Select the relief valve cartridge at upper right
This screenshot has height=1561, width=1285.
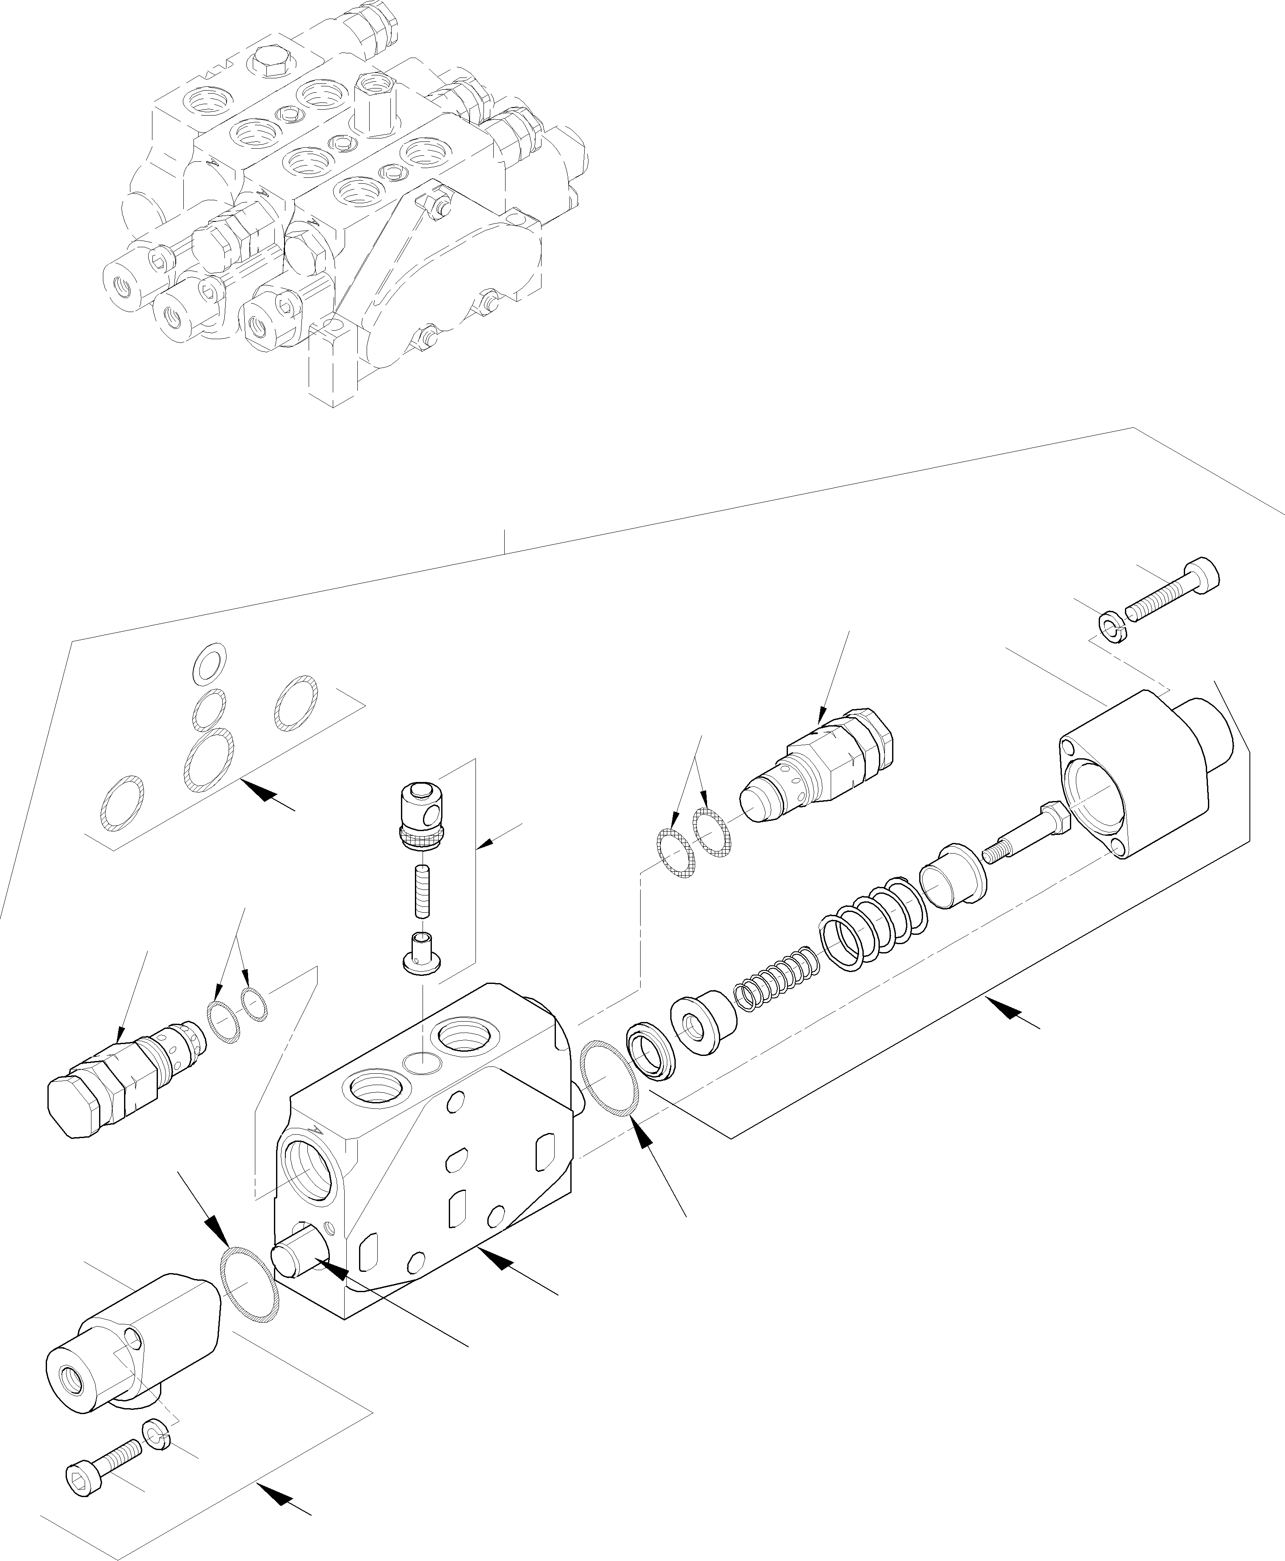pos(822,768)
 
